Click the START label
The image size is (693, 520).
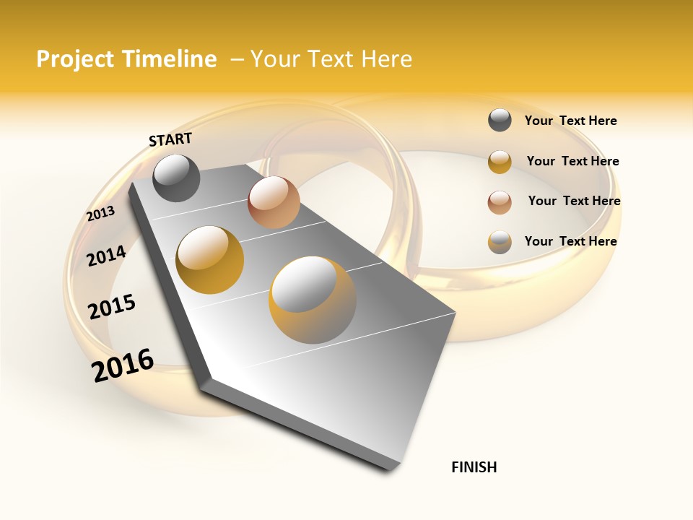coord(170,139)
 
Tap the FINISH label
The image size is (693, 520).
coord(474,467)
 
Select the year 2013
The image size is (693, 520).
coord(100,214)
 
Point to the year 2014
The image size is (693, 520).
coord(106,256)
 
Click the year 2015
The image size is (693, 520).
coord(112,307)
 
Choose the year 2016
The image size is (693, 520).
coord(123,365)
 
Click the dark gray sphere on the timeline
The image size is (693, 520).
coord(176,178)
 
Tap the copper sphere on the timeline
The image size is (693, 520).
coord(274,202)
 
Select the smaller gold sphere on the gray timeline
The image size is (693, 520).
coord(210,260)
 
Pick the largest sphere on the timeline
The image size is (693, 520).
coord(313,300)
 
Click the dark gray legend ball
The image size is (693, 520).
coord(500,121)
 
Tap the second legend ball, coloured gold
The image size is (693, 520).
coord(500,162)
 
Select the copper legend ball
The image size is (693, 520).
coord(500,202)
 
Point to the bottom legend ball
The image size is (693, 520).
coord(500,242)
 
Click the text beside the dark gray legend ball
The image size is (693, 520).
coord(570,121)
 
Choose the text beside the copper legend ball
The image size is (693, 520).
coord(574,201)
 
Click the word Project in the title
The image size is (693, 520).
coord(75,59)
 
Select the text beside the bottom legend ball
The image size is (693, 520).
coord(570,241)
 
